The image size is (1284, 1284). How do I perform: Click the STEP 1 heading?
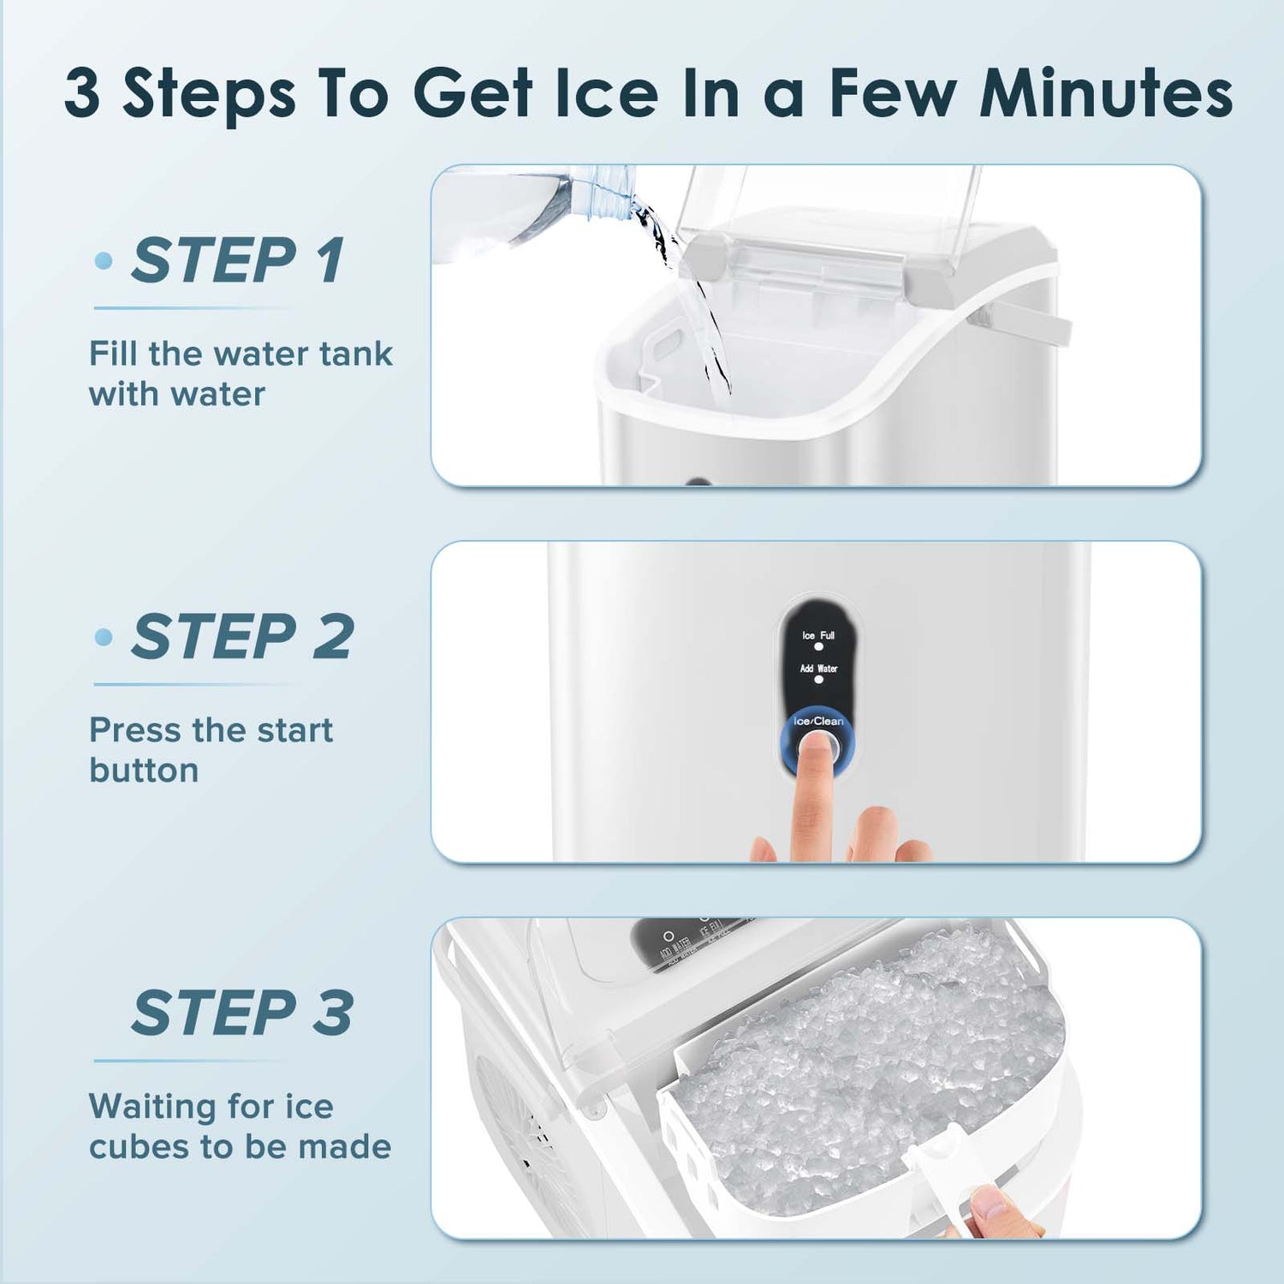[237, 260]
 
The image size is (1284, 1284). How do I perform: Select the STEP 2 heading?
[241, 637]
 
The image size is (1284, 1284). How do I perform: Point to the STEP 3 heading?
[242, 1014]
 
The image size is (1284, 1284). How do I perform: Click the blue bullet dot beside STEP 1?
[104, 261]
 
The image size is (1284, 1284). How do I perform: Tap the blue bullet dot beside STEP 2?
[104, 637]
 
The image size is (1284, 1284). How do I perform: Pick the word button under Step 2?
[144, 770]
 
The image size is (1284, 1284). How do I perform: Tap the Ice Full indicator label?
[818, 635]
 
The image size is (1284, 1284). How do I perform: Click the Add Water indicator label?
[818, 669]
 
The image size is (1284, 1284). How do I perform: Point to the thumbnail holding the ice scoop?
[993, 1204]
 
